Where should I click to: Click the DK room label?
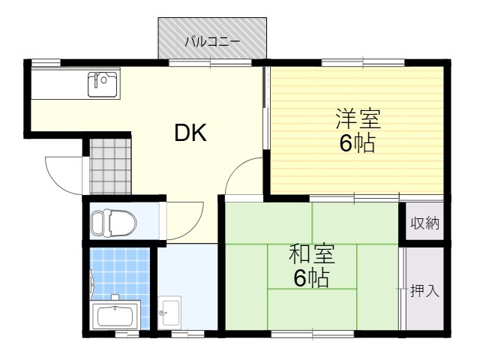190,133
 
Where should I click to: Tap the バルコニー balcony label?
212,41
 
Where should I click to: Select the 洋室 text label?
358,118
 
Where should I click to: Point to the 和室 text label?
312,253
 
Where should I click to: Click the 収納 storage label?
424,223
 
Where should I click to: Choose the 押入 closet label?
424,290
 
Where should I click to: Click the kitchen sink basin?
102,85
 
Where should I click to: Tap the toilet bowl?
114,223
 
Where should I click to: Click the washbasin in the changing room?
169,312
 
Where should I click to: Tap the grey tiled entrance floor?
110,166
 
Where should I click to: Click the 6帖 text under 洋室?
357,143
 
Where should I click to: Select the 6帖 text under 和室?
311,278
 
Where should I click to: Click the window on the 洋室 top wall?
363,62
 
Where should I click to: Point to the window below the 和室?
313,333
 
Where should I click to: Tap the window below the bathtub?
127,334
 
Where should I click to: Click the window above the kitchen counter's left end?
46,62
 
